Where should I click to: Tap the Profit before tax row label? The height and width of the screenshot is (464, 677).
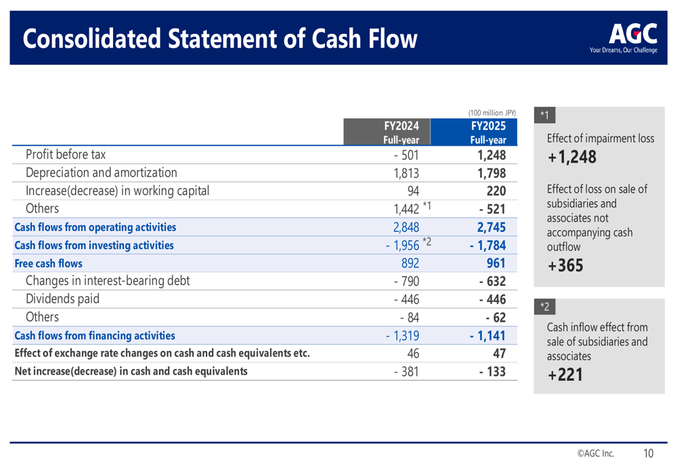[x=66, y=154]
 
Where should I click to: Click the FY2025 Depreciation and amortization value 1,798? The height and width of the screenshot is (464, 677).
[x=492, y=173]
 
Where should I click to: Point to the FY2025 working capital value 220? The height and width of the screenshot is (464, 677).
[x=496, y=191]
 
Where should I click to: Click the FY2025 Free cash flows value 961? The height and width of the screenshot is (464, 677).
[x=496, y=263]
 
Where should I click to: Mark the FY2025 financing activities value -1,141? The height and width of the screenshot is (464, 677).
[x=488, y=335]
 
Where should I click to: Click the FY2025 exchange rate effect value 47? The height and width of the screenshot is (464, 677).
[x=500, y=353]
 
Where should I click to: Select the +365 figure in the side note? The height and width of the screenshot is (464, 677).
[x=565, y=266]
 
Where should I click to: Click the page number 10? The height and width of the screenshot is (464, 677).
[x=649, y=453]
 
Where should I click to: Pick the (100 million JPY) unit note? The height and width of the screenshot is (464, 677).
[x=492, y=112]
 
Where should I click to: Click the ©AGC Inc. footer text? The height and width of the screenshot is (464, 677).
[x=596, y=453]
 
